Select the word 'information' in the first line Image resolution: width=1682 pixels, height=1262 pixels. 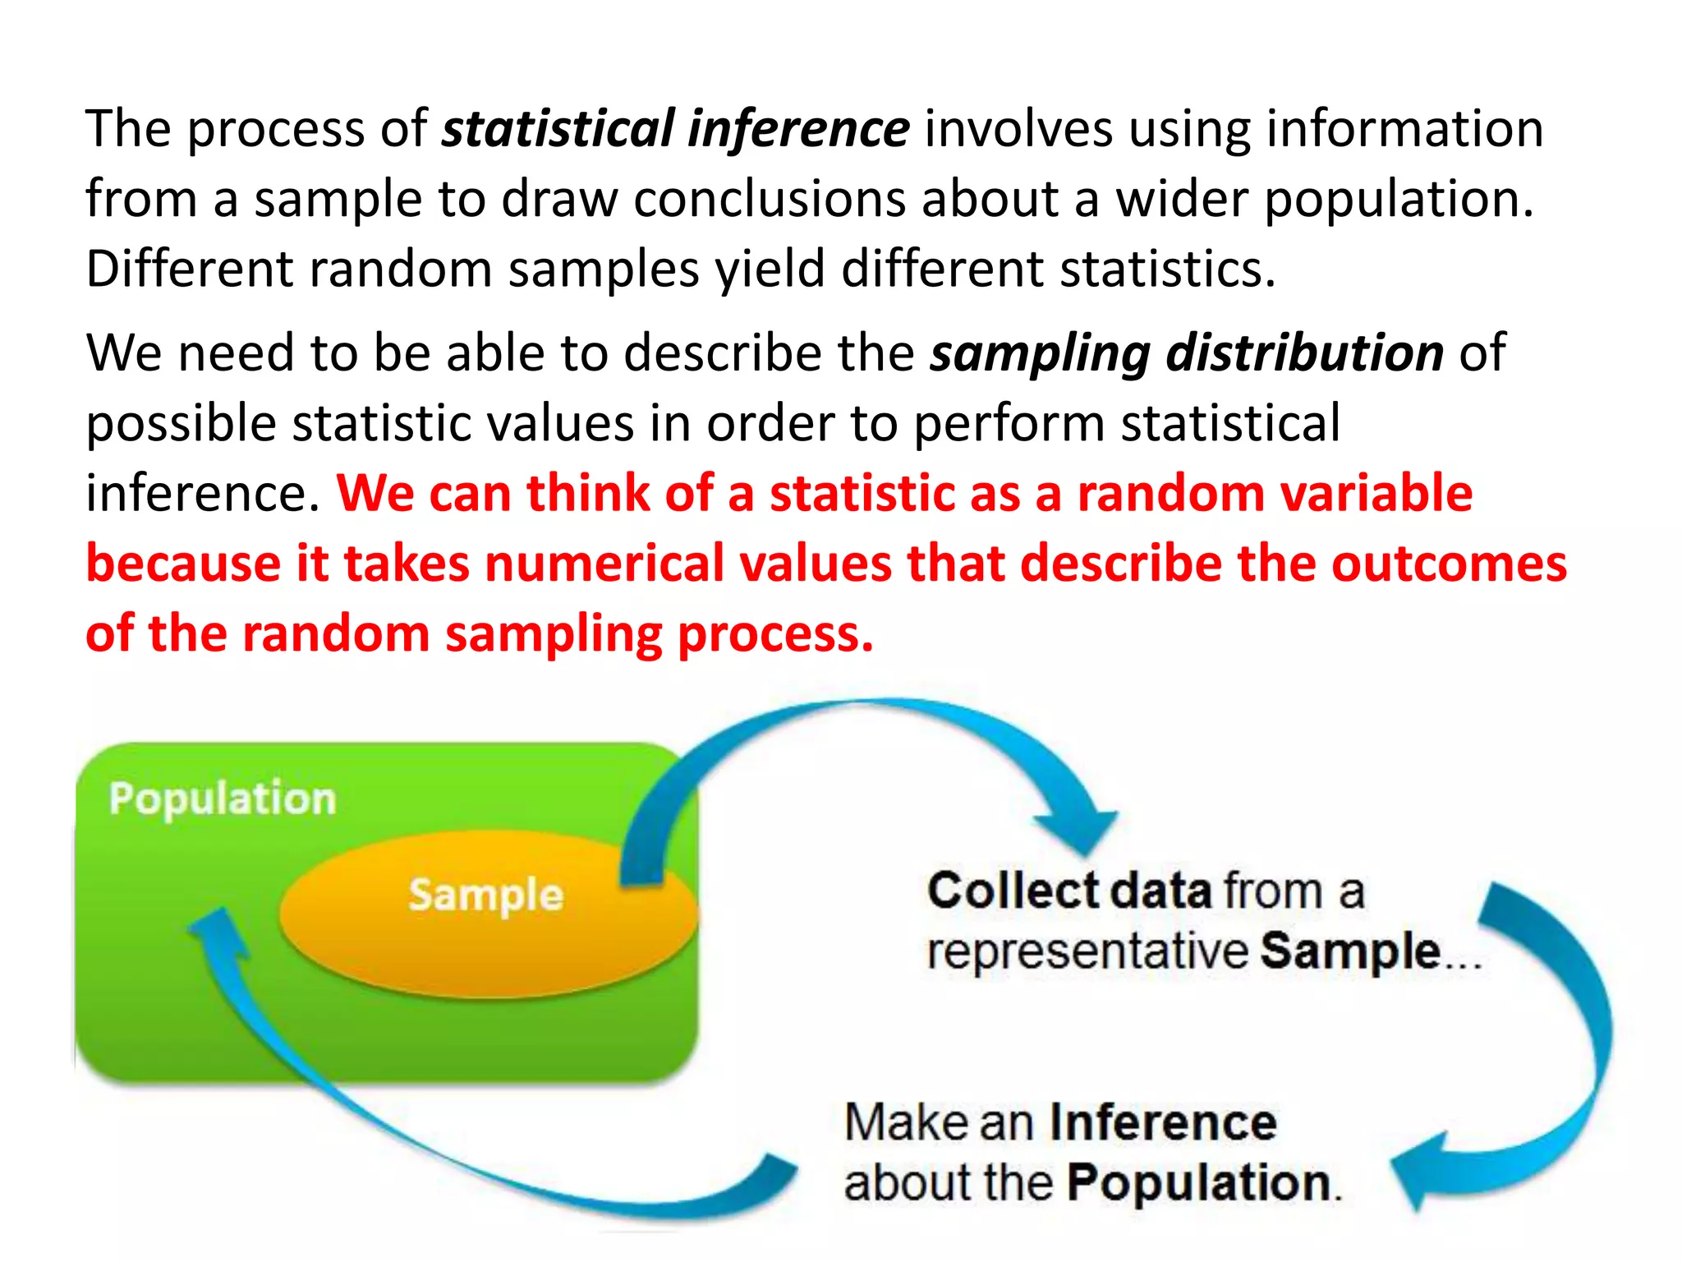[1404, 130]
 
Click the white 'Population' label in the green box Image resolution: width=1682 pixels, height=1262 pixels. [223, 799]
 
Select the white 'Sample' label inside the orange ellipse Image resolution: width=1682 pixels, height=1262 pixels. [485, 894]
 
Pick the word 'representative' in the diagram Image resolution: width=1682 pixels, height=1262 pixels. [1087, 951]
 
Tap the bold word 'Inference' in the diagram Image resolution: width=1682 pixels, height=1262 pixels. [1163, 1122]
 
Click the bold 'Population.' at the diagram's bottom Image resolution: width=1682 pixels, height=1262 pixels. [1202, 1183]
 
